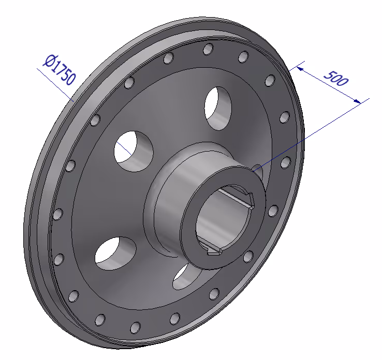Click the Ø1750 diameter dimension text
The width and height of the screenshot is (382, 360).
point(59,70)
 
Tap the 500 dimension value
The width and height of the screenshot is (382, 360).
point(336,79)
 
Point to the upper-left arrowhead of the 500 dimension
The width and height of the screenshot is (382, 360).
point(300,69)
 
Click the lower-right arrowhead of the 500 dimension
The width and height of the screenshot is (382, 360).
point(358,101)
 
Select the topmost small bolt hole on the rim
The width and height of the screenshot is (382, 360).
point(208,49)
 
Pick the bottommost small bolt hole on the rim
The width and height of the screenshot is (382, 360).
point(136,327)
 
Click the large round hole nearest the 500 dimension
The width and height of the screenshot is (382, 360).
point(218,108)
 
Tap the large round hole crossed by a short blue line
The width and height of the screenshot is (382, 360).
point(134,152)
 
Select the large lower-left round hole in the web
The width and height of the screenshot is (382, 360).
point(115,253)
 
